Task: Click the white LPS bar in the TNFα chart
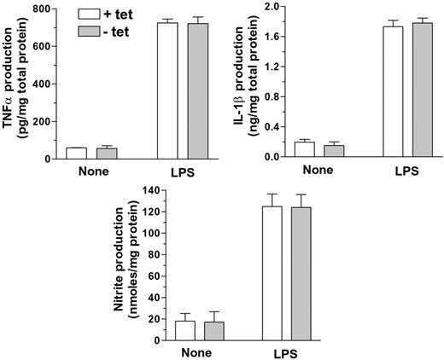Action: point(167,90)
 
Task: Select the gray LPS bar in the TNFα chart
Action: point(197,90)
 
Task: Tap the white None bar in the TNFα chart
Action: point(76,153)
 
